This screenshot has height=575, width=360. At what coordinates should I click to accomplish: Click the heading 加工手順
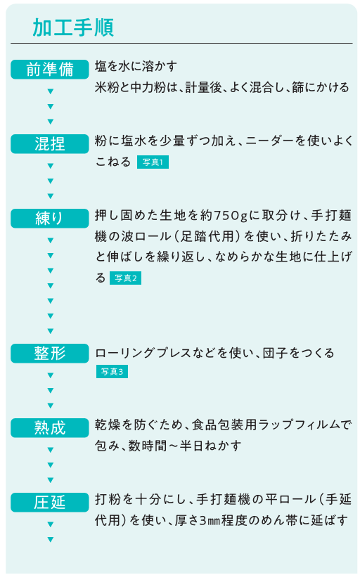point(73,27)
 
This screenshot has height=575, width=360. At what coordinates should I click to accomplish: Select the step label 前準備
point(50,70)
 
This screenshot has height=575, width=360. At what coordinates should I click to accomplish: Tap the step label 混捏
point(50,143)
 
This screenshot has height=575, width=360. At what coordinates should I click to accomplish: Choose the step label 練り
point(50,218)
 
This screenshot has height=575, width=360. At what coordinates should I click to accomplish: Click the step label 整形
point(50,353)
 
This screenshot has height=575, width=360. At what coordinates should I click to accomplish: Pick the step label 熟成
point(50,427)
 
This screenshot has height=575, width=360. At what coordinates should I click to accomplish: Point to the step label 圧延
point(50,502)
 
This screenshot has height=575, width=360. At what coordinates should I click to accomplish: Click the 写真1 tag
point(153,162)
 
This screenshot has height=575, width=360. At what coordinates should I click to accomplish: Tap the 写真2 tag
point(125,278)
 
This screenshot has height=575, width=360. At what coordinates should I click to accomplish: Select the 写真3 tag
point(112,371)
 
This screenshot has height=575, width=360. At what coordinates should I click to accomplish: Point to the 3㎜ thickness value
point(210,520)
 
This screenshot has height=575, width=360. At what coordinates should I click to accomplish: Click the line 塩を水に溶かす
point(136,66)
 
